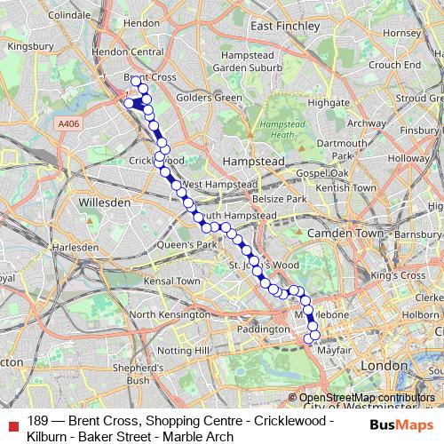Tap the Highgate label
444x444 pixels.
327,102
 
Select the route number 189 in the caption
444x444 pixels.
37,421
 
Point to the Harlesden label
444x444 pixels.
75,247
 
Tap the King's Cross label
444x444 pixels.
400,276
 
